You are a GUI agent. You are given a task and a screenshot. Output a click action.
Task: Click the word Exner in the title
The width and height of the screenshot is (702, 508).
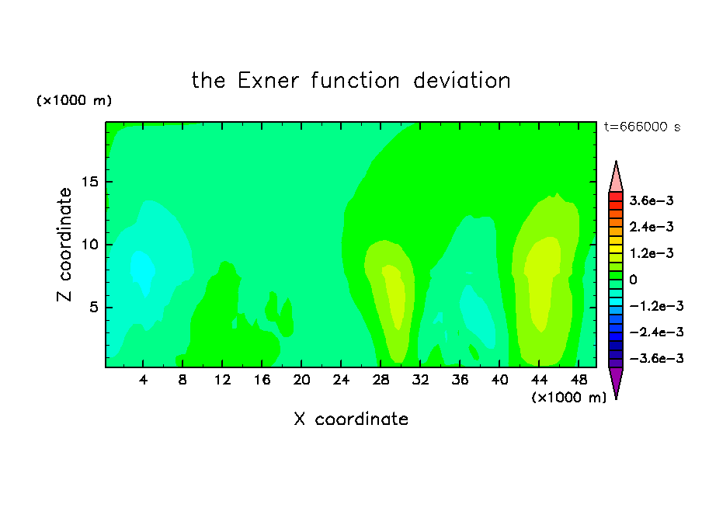[x=268, y=81]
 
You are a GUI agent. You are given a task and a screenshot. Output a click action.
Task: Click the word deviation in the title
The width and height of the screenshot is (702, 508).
[x=462, y=81]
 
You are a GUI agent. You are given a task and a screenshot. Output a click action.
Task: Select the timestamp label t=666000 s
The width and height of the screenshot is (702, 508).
[x=642, y=127]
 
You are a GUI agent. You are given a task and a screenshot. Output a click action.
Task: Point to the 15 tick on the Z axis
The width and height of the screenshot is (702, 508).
[x=89, y=182]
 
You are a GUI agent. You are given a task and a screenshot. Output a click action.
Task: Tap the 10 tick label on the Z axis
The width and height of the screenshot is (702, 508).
[x=89, y=245]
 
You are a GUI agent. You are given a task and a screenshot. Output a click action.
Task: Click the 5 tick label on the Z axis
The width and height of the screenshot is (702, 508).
[x=93, y=308]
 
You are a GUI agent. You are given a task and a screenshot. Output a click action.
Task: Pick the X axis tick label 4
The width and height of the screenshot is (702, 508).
[x=143, y=380]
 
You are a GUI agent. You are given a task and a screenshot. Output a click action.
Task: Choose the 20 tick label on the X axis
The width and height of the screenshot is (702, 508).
[x=301, y=380]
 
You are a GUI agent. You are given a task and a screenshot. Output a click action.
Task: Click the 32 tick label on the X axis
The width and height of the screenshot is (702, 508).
[x=420, y=380]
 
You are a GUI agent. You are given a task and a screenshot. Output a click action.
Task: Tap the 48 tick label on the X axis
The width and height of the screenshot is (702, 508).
[x=579, y=380]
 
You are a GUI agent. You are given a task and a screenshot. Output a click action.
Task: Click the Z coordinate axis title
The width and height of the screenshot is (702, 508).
[x=64, y=245]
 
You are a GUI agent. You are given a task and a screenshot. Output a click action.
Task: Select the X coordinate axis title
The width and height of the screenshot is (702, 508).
[x=352, y=419]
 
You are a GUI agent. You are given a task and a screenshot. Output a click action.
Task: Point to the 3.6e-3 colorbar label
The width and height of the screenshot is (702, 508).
[x=652, y=200]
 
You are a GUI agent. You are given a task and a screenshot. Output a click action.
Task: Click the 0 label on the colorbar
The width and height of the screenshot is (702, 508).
[x=633, y=280]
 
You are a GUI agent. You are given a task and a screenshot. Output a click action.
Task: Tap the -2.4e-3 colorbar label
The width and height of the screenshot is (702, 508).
[x=656, y=332]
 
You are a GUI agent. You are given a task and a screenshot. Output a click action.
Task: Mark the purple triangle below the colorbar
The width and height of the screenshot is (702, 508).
[x=616, y=381]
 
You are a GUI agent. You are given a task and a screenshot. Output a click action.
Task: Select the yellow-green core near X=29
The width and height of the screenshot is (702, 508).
[x=394, y=296]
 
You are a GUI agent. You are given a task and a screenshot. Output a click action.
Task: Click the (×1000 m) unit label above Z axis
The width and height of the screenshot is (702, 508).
[x=74, y=100]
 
